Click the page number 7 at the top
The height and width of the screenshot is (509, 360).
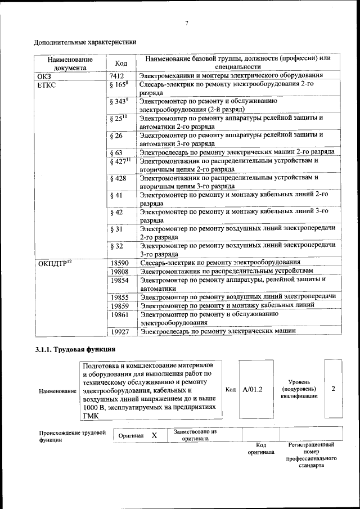coord(186,23)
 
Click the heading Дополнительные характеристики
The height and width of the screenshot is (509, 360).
coord(84,42)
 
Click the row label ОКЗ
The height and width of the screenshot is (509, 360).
coord(44,75)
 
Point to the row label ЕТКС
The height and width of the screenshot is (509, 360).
coord(47,84)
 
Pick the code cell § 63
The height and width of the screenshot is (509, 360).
coord(116,152)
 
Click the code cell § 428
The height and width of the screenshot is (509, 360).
coord(118,178)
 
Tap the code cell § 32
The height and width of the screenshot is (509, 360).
coord(116,246)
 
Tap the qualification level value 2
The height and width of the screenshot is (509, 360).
coord(333,389)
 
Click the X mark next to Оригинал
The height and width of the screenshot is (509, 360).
coord(154,435)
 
